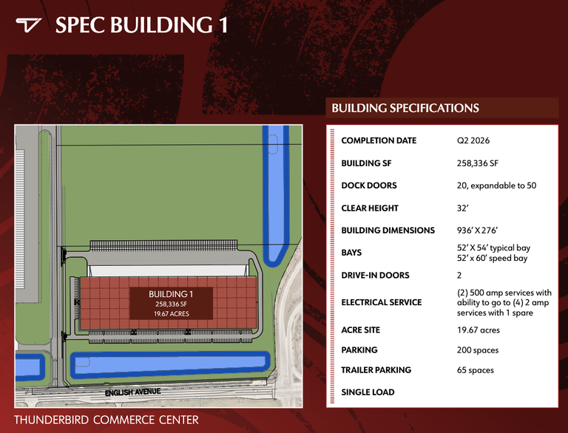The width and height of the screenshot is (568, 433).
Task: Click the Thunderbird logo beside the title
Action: click(28, 25)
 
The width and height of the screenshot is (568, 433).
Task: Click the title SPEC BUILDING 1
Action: click(142, 25)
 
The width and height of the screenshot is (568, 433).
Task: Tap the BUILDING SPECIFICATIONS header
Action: click(405, 108)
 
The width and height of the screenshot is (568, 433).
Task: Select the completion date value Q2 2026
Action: click(473, 140)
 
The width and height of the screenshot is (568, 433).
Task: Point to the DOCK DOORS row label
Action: click(369, 185)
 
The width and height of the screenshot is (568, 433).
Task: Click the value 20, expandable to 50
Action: click(497, 185)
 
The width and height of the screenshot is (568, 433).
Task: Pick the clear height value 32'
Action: click(462, 208)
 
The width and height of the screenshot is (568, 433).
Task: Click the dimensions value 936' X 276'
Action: click(478, 231)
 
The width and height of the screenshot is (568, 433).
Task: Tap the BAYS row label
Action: click(351, 253)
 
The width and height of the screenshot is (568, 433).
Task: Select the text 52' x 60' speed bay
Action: click(492, 258)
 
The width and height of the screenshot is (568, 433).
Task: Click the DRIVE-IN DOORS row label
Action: click(375, 275)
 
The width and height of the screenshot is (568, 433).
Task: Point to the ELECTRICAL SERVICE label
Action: click(382, 302)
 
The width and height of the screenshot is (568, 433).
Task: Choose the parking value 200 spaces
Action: click(478, 350)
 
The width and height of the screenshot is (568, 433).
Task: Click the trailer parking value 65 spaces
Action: click(476, 370)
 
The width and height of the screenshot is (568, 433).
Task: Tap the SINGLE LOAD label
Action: click(368, 392)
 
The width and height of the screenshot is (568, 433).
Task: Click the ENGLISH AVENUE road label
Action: click(133, 392)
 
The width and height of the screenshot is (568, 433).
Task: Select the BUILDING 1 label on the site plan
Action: click(171, 294)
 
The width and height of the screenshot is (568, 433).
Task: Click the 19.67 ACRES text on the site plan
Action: click(172, 314)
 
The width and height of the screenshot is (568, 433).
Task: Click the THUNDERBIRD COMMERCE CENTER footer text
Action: click(106, 420)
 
